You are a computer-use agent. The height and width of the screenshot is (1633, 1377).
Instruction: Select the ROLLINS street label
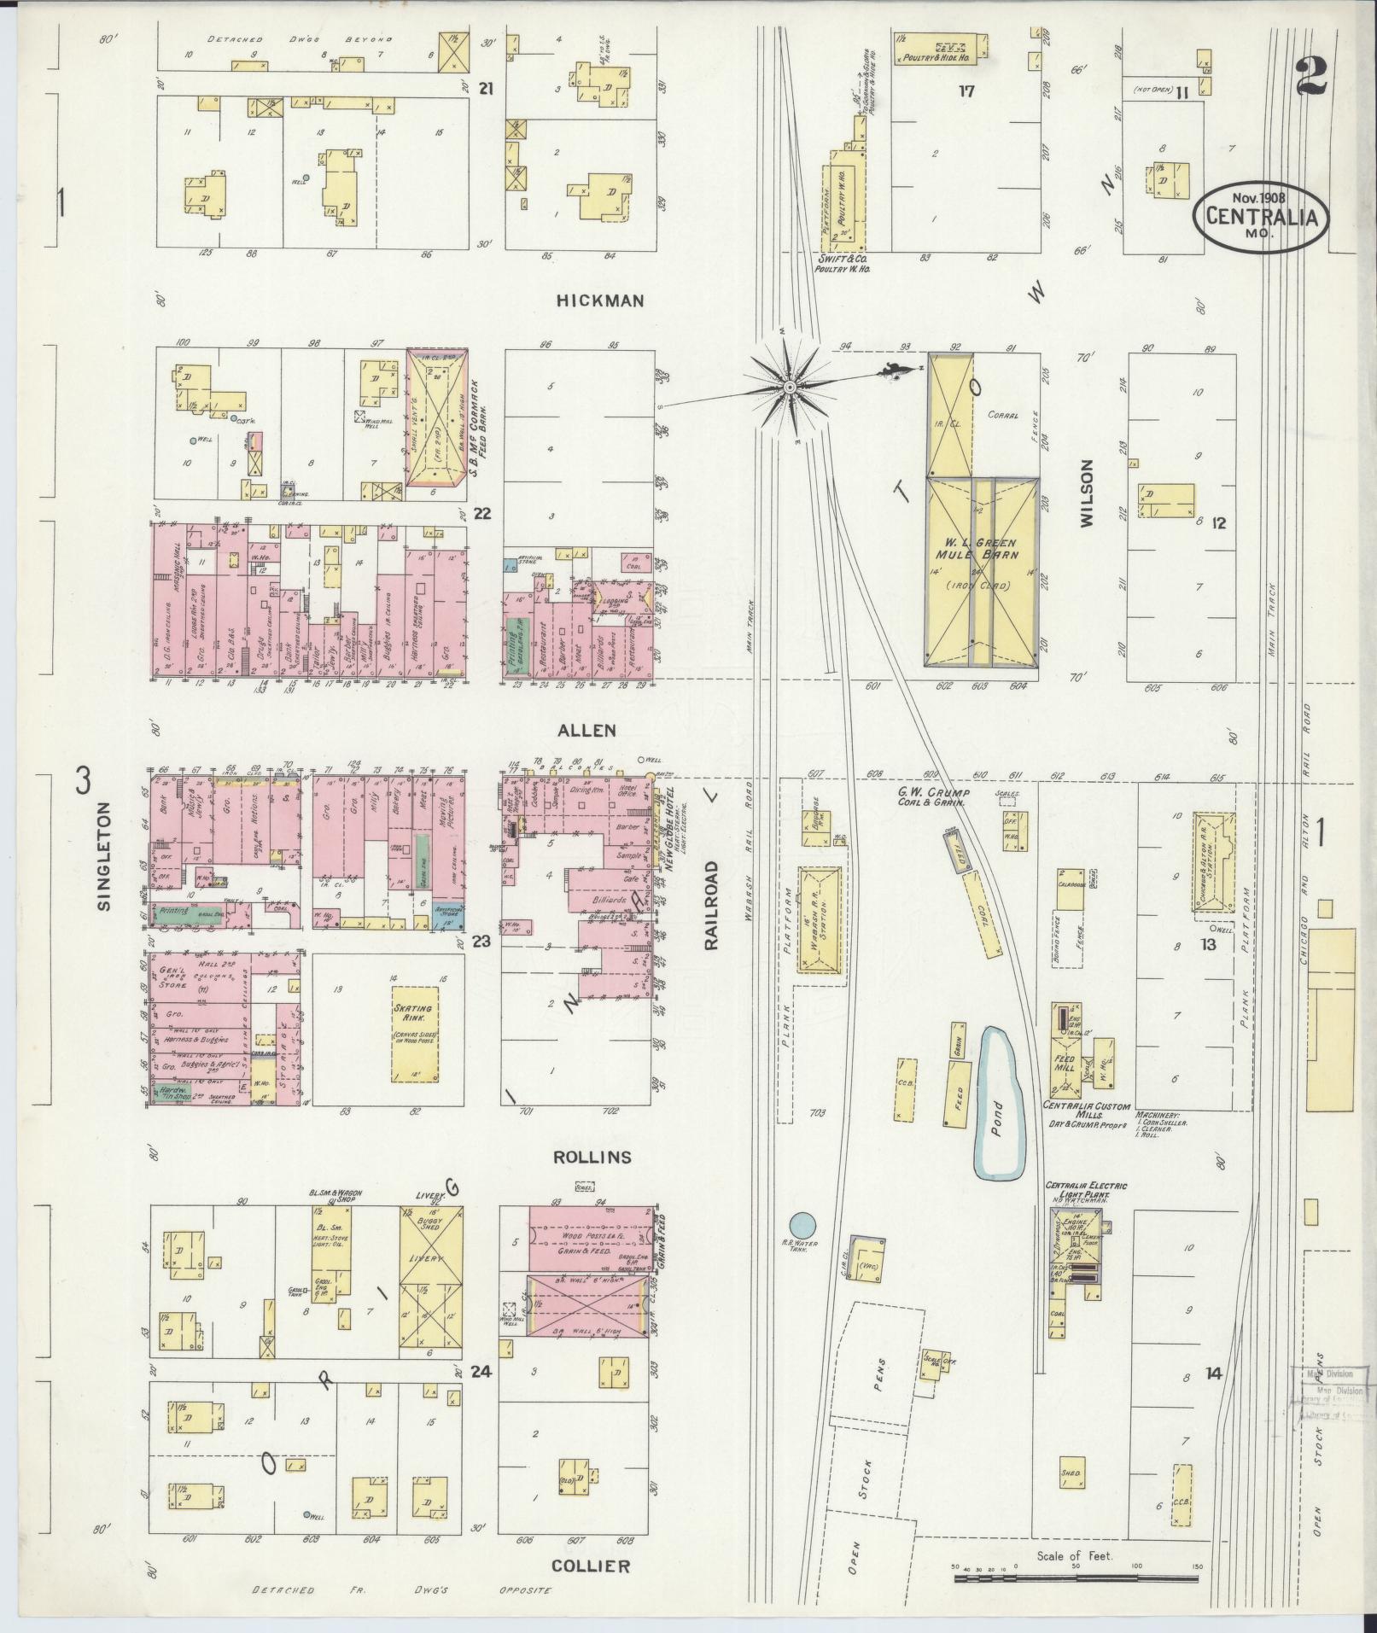(x=592, y=1158)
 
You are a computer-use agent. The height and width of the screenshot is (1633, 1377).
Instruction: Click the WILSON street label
(x=1087, y=493)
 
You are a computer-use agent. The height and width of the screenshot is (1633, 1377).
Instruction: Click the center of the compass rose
(x=791, y=387)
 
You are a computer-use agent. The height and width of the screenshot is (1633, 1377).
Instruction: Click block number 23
(x=481, y=942)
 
